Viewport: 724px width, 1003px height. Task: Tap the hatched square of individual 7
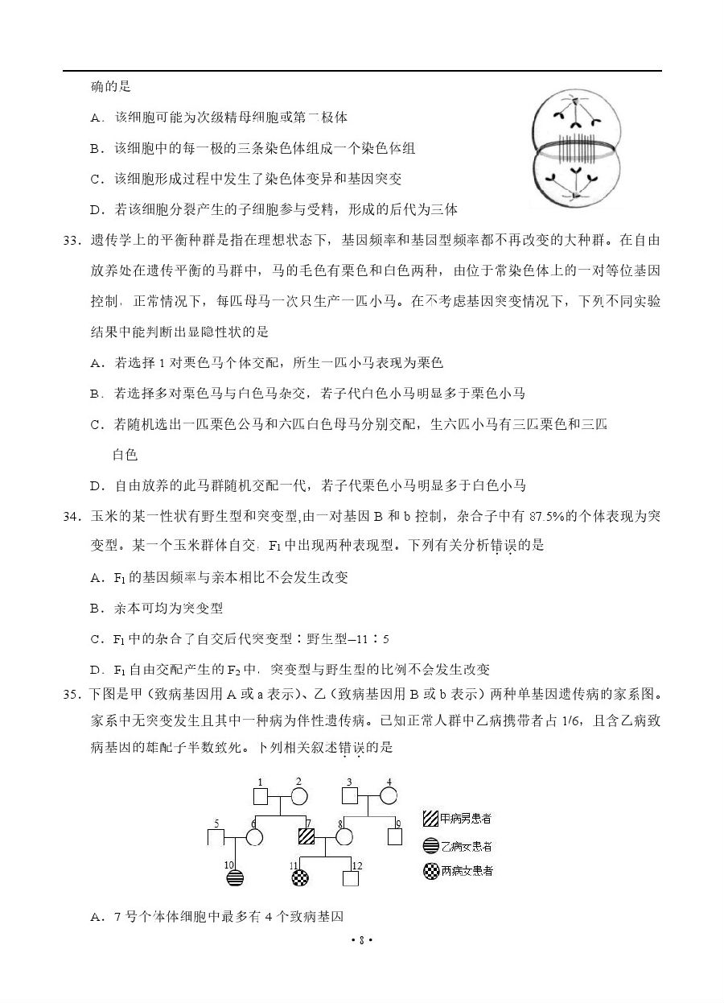coord(306,836)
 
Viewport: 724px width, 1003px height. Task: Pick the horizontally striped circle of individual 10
coord(234,878)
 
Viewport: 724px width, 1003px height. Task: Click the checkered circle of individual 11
coord(299,878)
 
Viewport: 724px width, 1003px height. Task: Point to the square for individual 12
coord(351,878)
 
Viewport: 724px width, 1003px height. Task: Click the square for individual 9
coord(395,836)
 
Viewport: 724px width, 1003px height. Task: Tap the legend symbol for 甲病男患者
coord(431,819)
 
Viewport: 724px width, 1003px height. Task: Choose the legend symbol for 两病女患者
coord(431,870)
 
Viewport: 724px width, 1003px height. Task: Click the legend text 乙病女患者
coord(467,846)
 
